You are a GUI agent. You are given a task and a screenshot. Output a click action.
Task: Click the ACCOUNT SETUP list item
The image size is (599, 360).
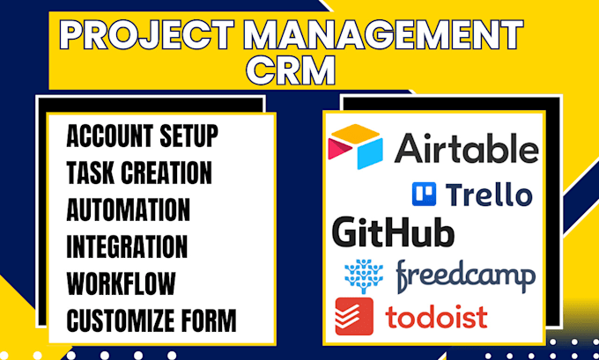(142, 136)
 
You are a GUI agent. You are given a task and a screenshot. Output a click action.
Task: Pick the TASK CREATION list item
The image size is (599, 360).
(138, 173)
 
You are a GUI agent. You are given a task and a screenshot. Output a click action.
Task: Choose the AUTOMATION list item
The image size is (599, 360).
(128, 209)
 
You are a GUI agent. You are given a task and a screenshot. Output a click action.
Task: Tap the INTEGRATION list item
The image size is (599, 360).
(126, 246)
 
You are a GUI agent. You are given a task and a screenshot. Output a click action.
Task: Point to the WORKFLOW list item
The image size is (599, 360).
(121, 283)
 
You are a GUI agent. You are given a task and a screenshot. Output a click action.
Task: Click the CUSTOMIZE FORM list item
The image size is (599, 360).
(151, 320)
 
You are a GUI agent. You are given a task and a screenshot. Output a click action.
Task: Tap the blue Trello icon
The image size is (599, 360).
(425, 193)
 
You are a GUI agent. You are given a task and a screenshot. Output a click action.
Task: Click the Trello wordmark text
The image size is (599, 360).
(488, 193)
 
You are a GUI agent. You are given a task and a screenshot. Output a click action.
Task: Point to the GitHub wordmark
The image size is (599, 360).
(393, 232)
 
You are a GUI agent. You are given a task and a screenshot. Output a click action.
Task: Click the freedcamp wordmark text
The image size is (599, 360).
(465, 276)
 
